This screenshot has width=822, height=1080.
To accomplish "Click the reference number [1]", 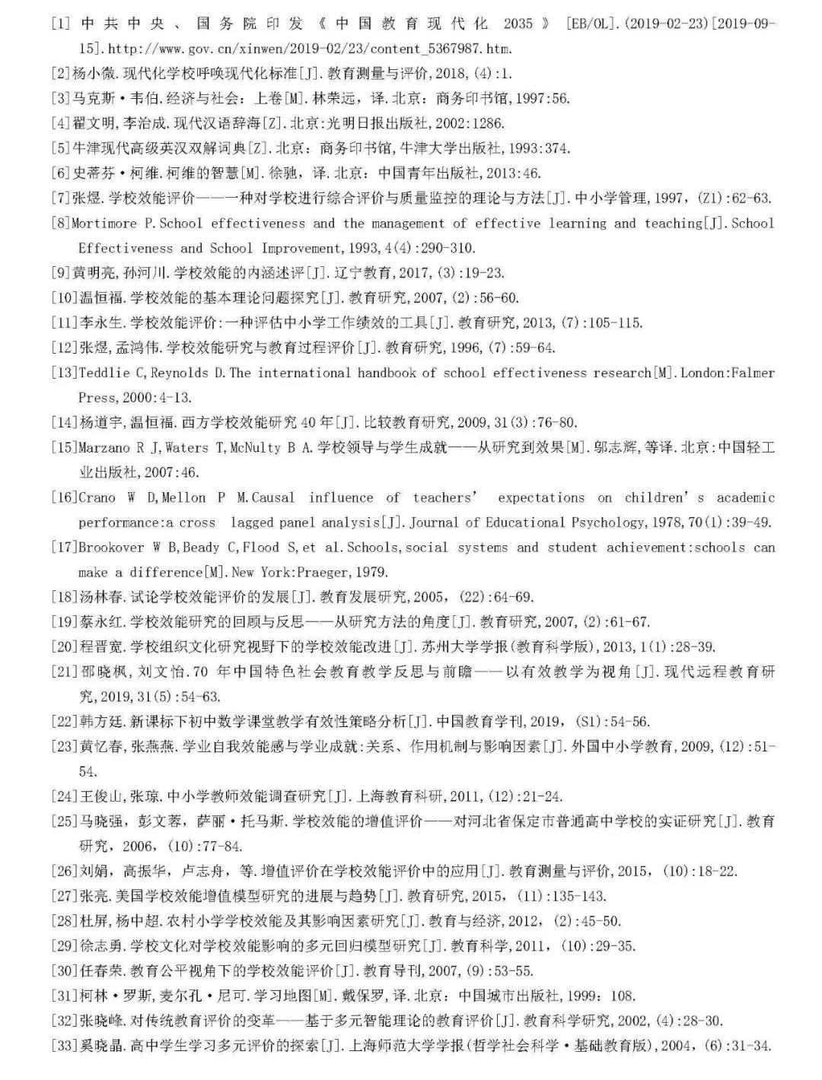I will [61, 24].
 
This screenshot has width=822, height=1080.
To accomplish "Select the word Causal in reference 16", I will [272, 497].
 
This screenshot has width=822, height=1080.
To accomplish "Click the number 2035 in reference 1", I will [518, 24].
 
